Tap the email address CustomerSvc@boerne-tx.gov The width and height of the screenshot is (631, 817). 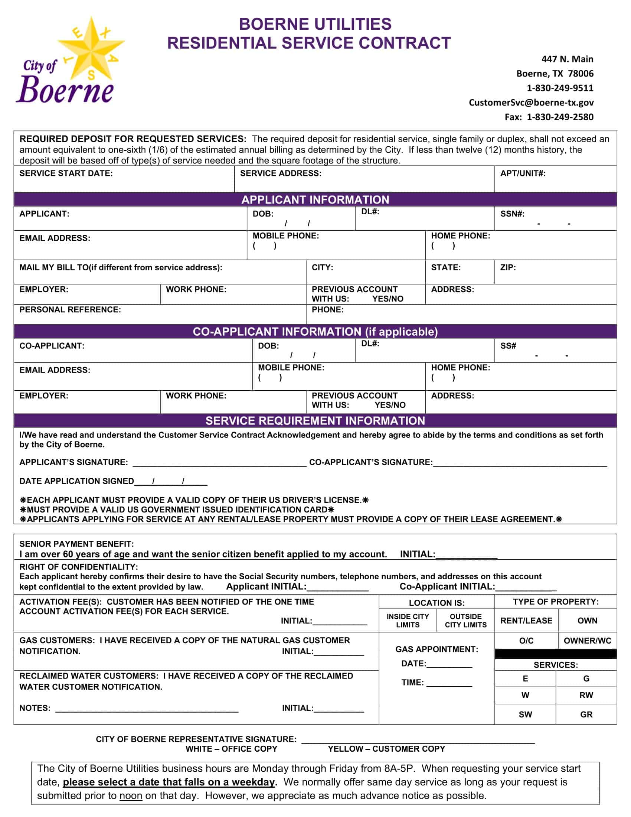coord(531,102)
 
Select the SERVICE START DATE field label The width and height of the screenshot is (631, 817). coord(66,173)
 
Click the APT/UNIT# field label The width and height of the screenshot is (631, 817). coord(523,173)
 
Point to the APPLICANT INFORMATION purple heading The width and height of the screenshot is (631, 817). coord(315,199)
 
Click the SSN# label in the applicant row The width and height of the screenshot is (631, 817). coord(512,214)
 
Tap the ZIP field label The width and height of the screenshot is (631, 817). coord(508,267)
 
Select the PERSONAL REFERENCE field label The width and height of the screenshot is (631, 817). coord(70,310)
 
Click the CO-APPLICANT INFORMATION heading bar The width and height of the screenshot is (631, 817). coord(315,331)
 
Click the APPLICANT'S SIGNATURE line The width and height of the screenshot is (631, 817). coord(219,463)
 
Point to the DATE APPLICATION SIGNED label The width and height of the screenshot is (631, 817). coord(76,481)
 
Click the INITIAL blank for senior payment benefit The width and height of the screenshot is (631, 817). coord(466,555)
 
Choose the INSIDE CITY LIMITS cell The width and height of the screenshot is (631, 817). coord(408,621)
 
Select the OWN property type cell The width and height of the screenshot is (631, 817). coord(587,621)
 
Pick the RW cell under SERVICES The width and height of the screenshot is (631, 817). coord(586,696)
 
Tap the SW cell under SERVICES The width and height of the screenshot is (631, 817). coord(525,715)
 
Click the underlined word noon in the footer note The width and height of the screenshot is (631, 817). coord(130,796)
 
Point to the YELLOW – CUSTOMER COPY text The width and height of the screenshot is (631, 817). coord(386,749)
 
